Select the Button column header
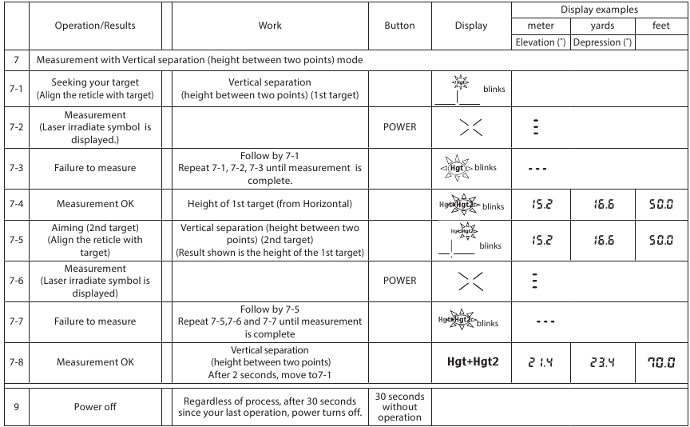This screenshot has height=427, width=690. coord(399,26)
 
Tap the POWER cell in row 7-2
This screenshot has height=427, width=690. coord(399,126)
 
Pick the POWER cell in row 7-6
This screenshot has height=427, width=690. coord(399,281)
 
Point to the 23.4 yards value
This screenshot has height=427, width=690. coord(601,362)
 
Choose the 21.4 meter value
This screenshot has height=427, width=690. coord(541,362)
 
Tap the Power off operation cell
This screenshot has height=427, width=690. coord(95,406)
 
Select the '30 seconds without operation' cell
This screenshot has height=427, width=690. coord(399,406)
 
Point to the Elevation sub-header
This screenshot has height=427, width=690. coord(541,42)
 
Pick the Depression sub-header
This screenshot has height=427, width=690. coord(601,42)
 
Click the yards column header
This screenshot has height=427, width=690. coord(601,26)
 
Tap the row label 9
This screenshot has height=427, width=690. coord(15,406)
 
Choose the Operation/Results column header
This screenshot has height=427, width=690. coord(95,26)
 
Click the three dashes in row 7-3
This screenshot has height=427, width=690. coord(541,167)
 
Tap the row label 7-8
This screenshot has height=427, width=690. coord(15,362)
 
